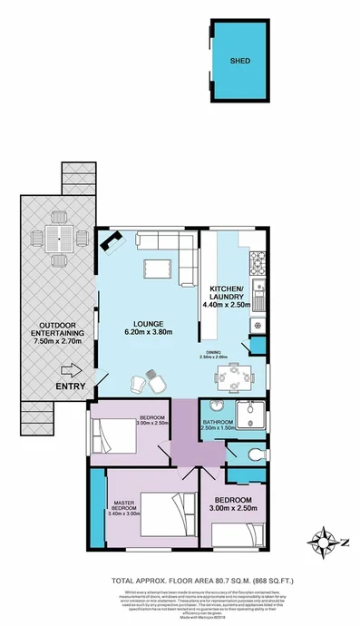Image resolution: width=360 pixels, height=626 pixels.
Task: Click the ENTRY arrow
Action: click(71, 369)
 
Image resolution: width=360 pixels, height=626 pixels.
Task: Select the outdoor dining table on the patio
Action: click(60, 240)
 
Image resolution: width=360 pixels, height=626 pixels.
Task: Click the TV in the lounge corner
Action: click(112, 240)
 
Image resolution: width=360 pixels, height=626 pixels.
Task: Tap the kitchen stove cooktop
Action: click(257, 265)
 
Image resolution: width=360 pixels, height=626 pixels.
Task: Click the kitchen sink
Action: click(258, 294)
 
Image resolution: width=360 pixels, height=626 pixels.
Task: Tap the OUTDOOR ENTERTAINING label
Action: click(56, 337)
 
